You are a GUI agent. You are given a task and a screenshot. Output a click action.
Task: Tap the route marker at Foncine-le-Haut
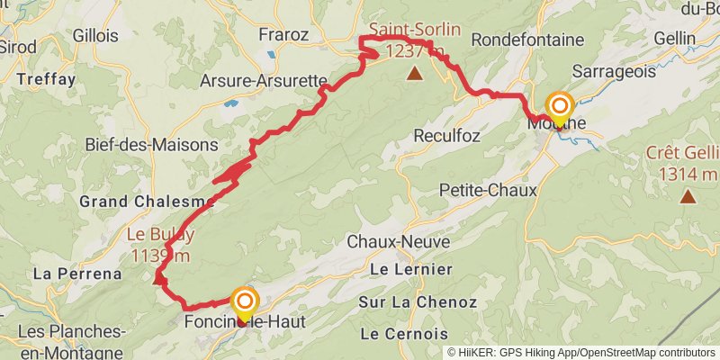coord(244,301)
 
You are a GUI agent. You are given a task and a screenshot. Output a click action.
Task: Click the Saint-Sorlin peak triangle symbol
coord(414,73)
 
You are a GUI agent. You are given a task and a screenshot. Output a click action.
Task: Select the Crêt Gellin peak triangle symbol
coord(688,195)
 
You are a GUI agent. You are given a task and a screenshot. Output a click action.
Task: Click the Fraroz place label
coord(283,36)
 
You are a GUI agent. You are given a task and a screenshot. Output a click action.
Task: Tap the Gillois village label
coord(90,36)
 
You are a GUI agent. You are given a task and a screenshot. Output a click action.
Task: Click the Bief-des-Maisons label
coord(151,144)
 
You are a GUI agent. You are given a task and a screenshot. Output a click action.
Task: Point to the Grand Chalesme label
coord(147,201)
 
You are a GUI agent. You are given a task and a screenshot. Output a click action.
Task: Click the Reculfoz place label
coord(446,136)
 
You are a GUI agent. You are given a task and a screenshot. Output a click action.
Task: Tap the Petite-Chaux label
coord(488,190)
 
